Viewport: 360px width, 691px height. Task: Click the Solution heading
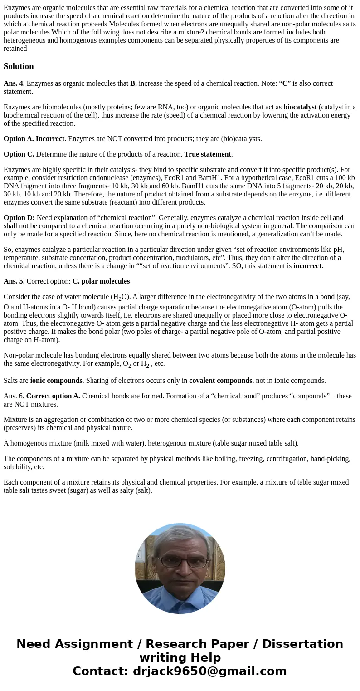[x=19, y=66]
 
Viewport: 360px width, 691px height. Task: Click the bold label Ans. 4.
[x=14, y=83]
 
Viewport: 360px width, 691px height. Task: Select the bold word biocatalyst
[x=300, y=107]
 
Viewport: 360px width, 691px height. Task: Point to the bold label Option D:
[x=19, y=218]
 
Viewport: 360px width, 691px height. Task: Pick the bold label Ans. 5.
[x=14, y=281]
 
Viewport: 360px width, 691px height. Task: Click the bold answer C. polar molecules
[x=101, y=281]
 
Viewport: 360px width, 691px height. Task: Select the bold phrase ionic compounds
[x=56, y=381]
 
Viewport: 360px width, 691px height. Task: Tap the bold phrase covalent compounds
[x=220, y=381]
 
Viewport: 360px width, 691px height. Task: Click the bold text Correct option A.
[x=53, y=396]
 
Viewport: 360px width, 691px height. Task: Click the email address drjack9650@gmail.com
[x=209, y=671]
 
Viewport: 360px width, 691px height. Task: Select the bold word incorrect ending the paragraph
[x=307, y=266]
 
